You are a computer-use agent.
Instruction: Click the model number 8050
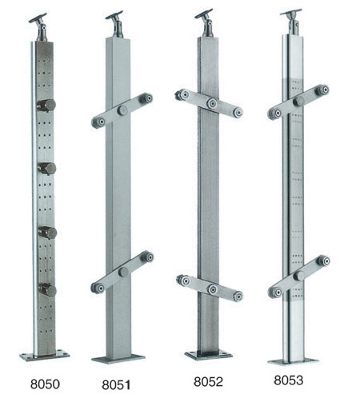pos(45,384)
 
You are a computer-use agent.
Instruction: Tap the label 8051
pos(116,385)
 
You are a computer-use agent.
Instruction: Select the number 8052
pos(208,382)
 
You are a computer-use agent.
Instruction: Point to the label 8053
pos(288,380)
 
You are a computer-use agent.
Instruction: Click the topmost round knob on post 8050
pos(46,105)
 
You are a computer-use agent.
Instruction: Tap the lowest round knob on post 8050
pos(47,290)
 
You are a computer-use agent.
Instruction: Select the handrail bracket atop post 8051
pos(116,24)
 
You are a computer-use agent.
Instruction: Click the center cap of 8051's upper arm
pos(122,110)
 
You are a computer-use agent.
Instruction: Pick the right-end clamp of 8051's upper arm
pos(147,98)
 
